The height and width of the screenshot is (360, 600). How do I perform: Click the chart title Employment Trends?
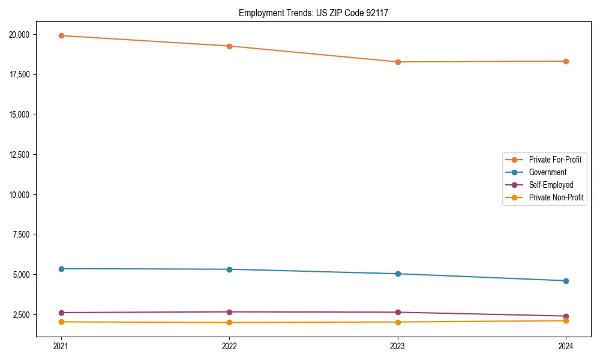click(313, 13)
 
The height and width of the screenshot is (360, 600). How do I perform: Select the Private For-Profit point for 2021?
click(61, 35)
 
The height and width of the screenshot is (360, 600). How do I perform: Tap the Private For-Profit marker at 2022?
click(229, 46)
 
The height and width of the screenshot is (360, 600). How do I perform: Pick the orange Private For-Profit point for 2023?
click(397, 62)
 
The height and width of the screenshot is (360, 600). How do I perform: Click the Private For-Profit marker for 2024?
click(566, 61)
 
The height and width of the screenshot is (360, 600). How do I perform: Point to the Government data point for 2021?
click(61, 269)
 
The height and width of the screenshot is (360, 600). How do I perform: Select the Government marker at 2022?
click(229, 269)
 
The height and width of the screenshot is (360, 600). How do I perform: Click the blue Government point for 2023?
click(397, 274)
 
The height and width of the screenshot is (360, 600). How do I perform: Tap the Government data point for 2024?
click(566, 281)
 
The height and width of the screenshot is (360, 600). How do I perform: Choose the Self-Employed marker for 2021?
click(61, 313)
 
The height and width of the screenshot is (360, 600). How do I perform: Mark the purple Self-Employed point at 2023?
click(397, 312)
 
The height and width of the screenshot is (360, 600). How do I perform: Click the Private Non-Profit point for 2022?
click(229, 322)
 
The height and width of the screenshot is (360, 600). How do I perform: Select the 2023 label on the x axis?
click(397, 346)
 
